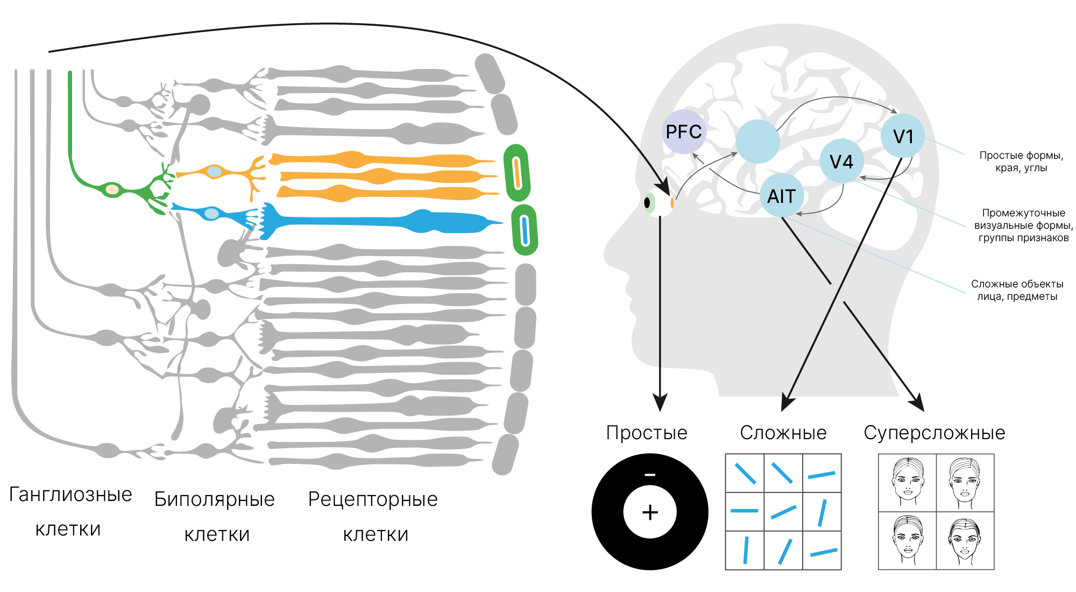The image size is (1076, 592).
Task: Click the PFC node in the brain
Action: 683,132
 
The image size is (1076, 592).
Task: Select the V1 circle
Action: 903,136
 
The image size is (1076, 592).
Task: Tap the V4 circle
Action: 841,161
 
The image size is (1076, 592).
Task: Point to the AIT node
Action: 781,196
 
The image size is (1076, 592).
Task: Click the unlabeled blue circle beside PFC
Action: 758,142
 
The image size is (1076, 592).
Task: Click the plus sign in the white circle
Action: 650,512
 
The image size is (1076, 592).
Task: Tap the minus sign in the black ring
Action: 650,475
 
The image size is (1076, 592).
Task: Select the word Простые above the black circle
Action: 647,433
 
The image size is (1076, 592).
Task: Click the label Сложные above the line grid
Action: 783,433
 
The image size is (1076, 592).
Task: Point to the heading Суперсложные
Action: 935,433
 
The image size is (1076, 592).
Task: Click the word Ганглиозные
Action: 70,495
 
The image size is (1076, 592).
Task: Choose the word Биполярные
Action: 214,499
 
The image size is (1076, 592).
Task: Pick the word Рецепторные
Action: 373,499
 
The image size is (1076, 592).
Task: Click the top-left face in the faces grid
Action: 908,482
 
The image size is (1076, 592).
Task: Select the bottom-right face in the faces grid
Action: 965,541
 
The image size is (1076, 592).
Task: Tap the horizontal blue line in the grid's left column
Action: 745,511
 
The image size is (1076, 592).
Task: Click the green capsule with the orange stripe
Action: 517,173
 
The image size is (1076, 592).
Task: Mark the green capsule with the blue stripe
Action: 525,230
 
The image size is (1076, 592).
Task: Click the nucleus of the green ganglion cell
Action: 112,189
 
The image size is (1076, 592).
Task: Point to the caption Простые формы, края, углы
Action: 1021,161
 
